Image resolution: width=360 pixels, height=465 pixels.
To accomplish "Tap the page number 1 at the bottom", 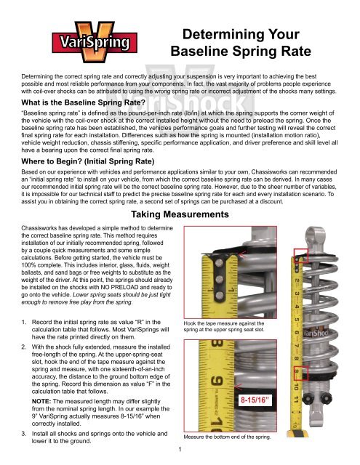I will (180, 456).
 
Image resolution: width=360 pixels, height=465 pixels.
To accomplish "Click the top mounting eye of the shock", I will (321, 241).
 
